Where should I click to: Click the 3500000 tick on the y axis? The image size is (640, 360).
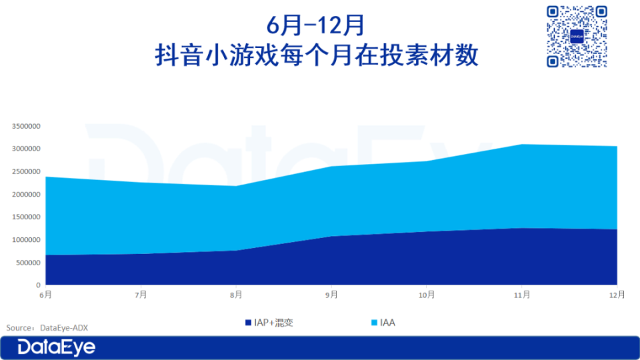click(26, 126)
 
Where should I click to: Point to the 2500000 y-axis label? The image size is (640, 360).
click(26, 171)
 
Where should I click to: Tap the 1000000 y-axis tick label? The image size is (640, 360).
click(26, 239)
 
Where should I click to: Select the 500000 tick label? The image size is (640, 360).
click(28, 263)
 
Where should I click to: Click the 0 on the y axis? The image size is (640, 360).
click(39, 285)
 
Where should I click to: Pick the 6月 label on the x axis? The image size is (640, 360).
click(46, 295)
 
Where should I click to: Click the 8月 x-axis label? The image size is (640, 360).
click(236, 295)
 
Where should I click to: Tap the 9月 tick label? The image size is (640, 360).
click(331, 295)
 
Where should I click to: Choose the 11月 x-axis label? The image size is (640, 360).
click(521, 295)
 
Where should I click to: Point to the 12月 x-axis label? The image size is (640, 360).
click(617, 295)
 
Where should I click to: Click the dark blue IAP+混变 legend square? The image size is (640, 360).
click(248, 323)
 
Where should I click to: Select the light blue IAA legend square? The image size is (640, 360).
click(374, 323)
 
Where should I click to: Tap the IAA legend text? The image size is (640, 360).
click(387, 323)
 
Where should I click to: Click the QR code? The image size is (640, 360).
click(577, 36)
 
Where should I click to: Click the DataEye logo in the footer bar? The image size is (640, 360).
click(56, 347)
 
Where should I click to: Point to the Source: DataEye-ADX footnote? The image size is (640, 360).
click(47, 328)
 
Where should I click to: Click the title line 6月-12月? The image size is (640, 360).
click(315, 25)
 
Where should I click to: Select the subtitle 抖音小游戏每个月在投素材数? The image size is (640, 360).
click(316, 55)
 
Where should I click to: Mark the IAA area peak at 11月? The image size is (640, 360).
click(521, 144)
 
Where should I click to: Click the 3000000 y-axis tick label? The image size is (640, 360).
click(26, 149)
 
